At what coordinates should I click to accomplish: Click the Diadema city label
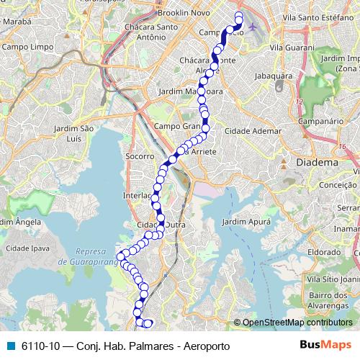click(x=318, y=162)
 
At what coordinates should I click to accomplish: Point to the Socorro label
click(x=139, y=156)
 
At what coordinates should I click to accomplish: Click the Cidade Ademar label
click(x=253, y=131)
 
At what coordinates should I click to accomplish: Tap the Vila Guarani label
click(x=291, y=47)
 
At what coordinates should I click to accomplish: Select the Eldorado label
click(x=324, y=252)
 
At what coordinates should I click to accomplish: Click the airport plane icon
click(x=252, y=27)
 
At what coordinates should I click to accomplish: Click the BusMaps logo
click(x=325, y=345)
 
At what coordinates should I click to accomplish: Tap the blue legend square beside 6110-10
click(x=10, y=346)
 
